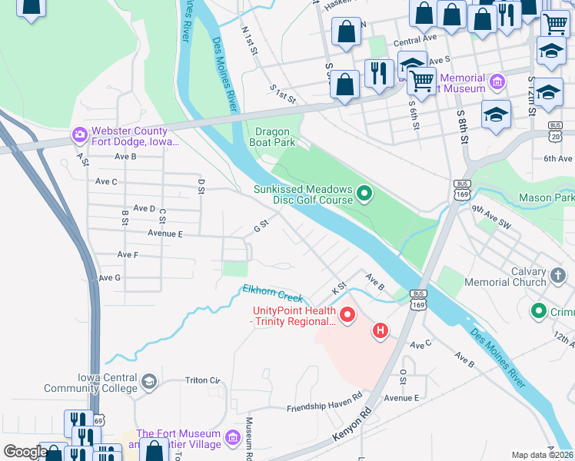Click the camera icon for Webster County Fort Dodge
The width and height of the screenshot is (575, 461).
coord(80,135)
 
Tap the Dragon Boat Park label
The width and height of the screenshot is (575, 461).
coord(272,137)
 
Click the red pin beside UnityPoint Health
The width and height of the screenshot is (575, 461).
coord(347,315)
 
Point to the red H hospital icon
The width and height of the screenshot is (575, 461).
coord(379,331)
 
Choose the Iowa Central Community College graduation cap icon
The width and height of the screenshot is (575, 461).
coord(149,381)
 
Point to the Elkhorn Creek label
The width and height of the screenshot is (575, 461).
coord(273,293)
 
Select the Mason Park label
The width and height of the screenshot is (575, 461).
coord(546,197)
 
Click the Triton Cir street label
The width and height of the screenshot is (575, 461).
coord(202,380)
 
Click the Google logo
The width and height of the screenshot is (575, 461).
coord(25,452)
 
